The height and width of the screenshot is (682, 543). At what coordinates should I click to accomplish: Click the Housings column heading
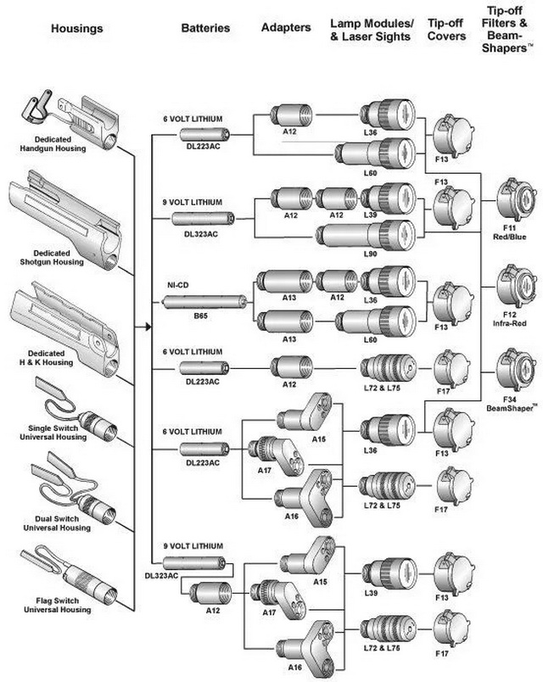(76, 29)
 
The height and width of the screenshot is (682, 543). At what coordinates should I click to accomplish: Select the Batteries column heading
(205, 28)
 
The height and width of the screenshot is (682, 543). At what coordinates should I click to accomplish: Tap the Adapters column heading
(285, 28)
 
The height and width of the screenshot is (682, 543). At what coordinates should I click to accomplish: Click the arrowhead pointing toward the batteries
(147, 326)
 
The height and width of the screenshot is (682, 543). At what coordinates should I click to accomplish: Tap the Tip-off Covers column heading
(446, 33)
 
